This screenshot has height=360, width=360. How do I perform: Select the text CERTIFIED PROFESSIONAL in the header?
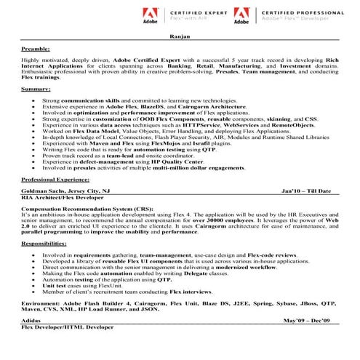click(x=298, y=12)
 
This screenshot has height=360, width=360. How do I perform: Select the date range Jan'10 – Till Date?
click(x=306, y=189)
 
